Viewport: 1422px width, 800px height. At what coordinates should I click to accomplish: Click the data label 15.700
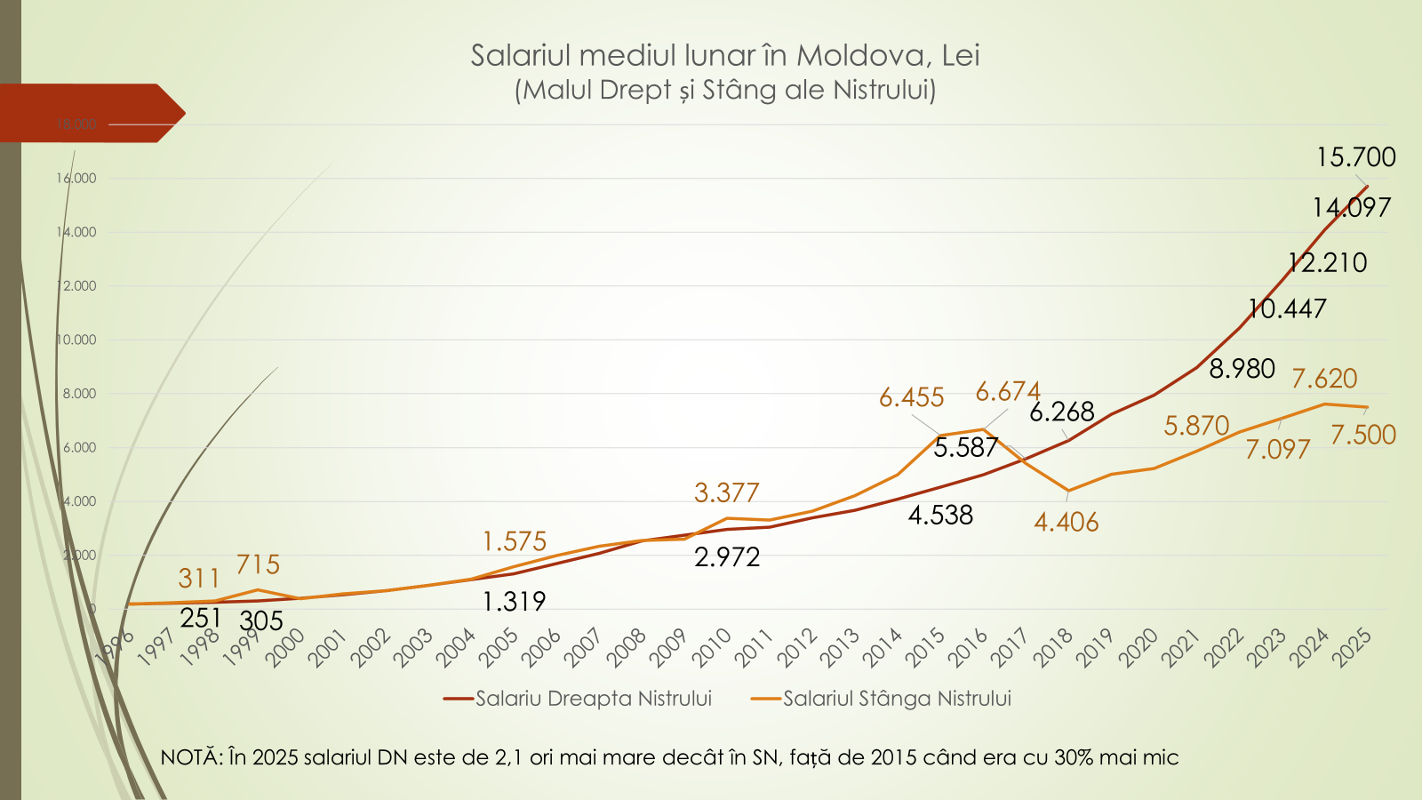1355,157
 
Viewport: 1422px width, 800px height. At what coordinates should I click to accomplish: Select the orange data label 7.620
1324,379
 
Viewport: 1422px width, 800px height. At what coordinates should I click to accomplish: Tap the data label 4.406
1066,522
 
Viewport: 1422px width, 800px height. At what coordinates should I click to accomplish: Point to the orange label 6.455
911,397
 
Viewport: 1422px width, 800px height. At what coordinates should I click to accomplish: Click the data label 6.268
1061,412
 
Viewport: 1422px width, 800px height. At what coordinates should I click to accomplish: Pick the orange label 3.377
726,492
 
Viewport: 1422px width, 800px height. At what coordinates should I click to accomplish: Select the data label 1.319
514,602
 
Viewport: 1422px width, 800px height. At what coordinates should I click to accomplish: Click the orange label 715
258,564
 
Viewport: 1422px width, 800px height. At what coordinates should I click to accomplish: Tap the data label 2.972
727,557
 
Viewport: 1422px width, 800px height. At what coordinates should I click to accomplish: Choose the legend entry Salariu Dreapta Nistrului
593,699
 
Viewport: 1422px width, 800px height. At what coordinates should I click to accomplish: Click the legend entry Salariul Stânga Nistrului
897,699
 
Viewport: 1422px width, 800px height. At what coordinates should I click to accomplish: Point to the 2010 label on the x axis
712,648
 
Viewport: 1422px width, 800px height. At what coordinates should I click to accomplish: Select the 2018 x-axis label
1054,648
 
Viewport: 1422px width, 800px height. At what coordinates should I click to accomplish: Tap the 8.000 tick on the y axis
79,394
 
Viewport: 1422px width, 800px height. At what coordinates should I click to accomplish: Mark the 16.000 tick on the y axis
76,179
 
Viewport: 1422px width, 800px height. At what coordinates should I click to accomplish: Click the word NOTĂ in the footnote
188,757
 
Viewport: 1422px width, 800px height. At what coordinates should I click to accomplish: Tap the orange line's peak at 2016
983,429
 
